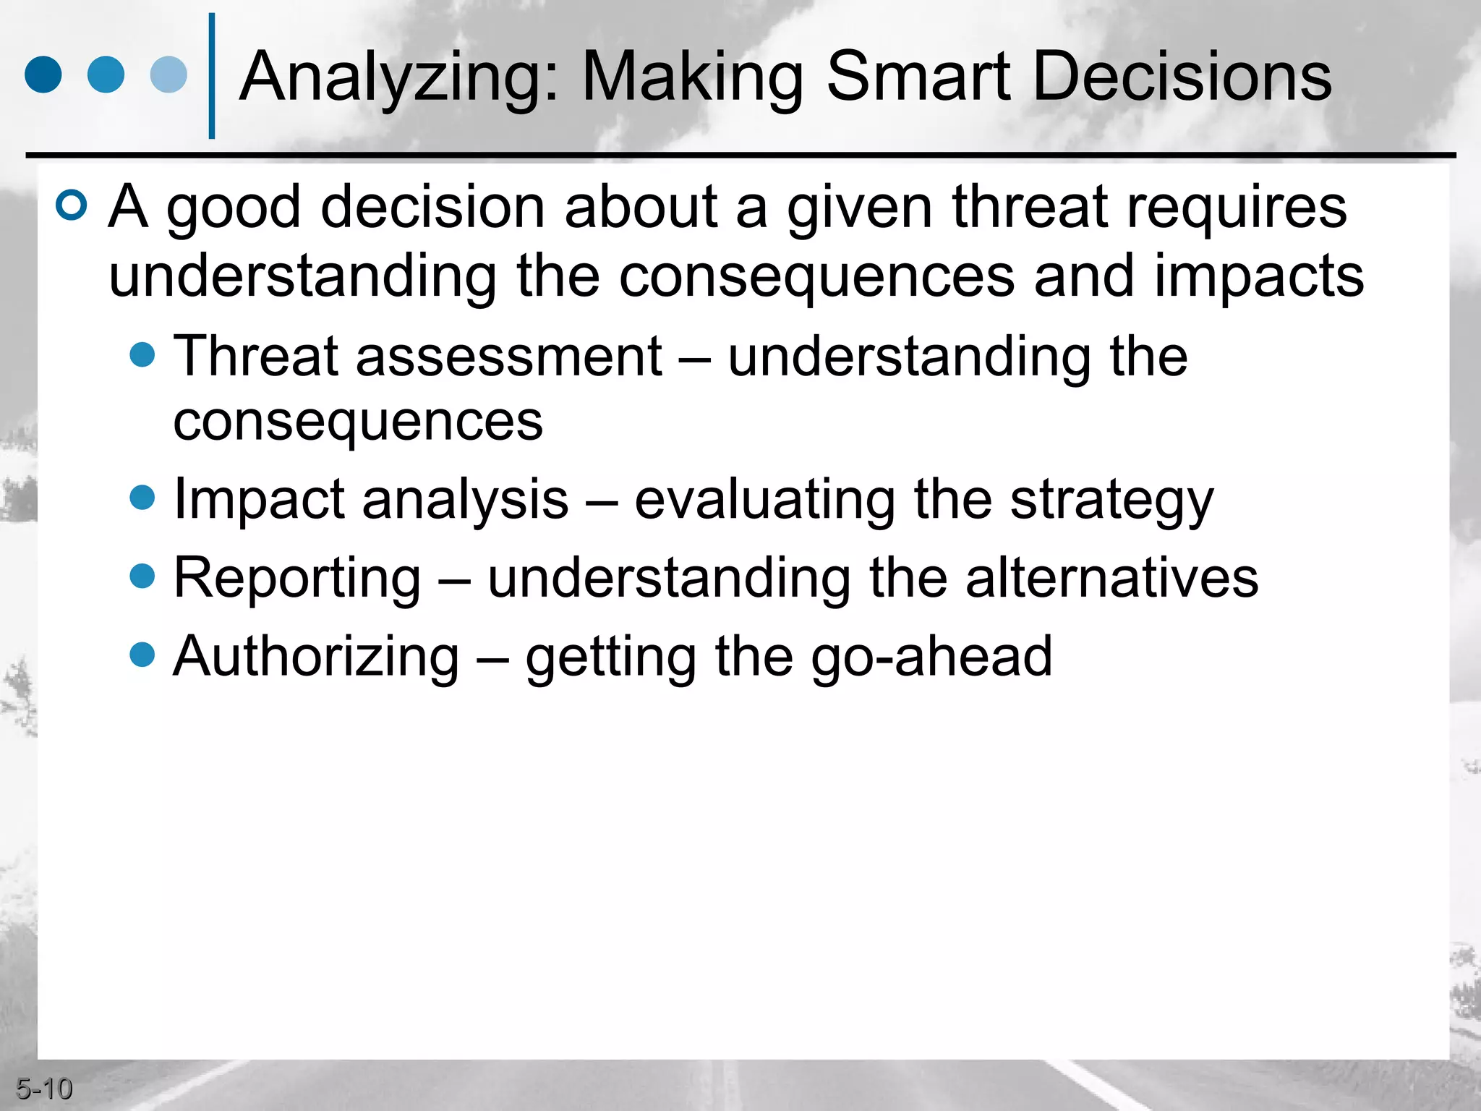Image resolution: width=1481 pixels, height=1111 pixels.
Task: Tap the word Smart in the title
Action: pos(918,76)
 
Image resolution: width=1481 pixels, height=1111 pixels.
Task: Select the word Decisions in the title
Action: pos(1182,76)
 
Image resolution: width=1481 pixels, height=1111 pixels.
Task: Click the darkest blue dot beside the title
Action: pos(43,75)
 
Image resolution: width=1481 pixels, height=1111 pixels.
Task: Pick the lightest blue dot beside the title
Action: pos(168,75)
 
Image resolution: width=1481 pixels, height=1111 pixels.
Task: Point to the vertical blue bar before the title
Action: pos(212,76)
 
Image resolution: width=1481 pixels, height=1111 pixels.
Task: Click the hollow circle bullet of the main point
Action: pos(72,205)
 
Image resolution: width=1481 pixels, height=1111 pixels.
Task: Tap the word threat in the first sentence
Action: pos(1030,208)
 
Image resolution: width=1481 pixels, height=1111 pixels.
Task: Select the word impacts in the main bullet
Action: pos(1258,276)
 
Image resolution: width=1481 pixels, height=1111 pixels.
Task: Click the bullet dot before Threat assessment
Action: pos(142,354)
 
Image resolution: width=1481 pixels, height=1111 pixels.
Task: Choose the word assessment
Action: pos(508,356)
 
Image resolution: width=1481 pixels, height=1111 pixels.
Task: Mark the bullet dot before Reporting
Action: pos(142,576)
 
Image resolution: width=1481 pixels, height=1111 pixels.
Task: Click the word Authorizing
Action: pos(316,657)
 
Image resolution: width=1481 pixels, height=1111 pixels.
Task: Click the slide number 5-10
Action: pos(44,1089)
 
